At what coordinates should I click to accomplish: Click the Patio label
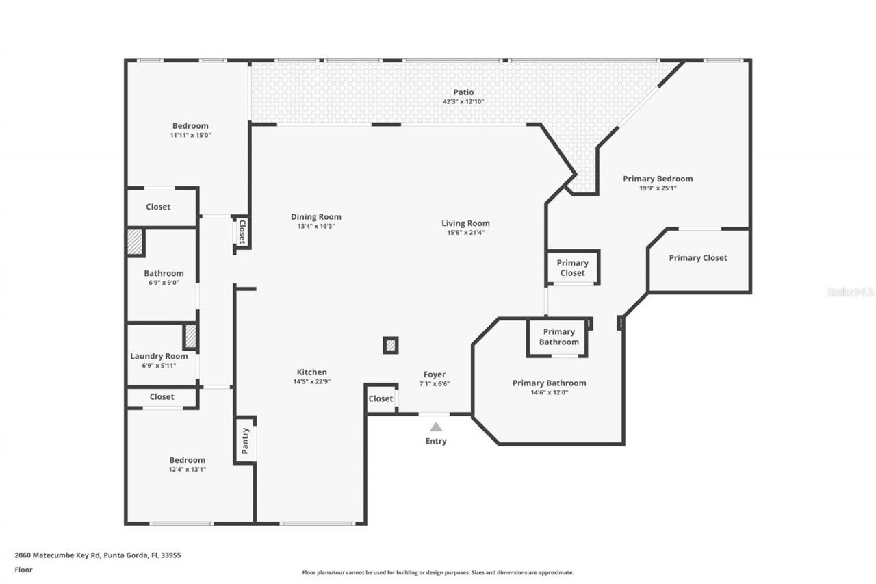click(x=463, y=92)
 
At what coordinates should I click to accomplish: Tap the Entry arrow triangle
click(x=435, y=427)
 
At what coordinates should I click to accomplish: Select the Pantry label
click(x=245, y=440)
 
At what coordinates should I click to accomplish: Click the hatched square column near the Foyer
click(x=391, y=345)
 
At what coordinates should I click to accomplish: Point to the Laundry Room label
click(x=159, y=356)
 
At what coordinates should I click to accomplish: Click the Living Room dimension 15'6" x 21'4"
click(x=465, y=233)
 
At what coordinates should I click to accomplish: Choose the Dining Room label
click(x=315, y=217)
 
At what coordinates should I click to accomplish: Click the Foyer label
click(x=434, y=374)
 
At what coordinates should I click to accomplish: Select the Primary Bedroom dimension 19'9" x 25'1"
click(x=657, y=188)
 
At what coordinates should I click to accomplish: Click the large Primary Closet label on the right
click(x=697, y=258)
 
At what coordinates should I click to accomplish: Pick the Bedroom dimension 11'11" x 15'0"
click(x=190, y=136)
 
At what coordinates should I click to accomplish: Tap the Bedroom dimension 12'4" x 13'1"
click(x=188, y=470)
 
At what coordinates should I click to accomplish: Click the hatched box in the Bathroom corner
click(x=136, y=242)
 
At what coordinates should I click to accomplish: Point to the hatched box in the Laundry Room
click(x=190, y=336)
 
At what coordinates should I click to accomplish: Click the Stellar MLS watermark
click(x=850, y=292)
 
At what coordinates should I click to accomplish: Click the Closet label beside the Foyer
click(x=381, y=398)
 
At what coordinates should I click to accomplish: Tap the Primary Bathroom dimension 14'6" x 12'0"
click(x=549, y=393)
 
